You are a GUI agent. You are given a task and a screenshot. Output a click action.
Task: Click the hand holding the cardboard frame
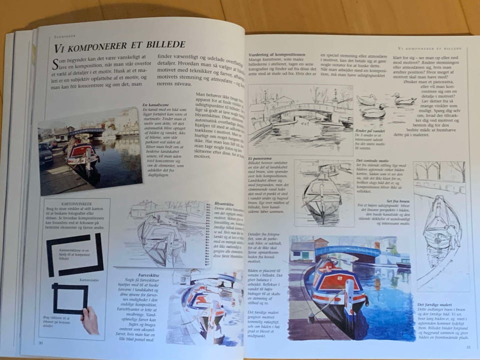pos(90,320)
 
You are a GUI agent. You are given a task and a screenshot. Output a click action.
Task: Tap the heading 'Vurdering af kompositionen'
pos(276,54)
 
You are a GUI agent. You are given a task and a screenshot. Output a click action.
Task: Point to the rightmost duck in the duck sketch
pos(403,99)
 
